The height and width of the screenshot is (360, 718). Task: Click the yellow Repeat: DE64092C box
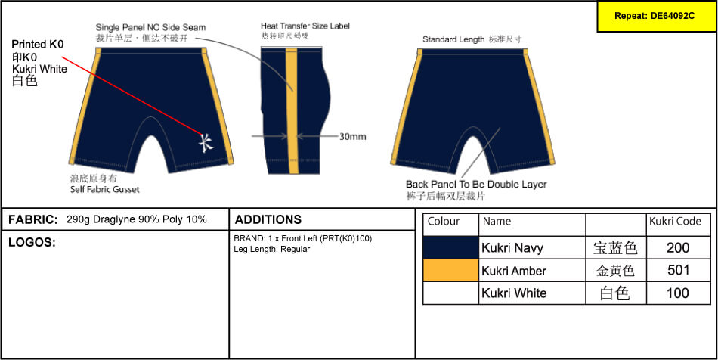click(x=657, y=16)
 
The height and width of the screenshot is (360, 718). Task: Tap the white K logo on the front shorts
click(x=206, y=142)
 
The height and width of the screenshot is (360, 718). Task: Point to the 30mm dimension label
click(x=353, y=136)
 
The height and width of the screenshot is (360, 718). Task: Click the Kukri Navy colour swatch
click(x=450, y=248)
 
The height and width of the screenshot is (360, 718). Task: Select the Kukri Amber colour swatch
click(x=450, y=270)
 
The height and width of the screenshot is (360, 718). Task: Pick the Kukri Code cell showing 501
click(x=678, y=270)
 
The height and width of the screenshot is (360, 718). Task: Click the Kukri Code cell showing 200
click(x=678, y=248)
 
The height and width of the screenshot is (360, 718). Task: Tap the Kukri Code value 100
click(x=678, y=293)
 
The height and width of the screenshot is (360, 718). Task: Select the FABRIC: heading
click(x=33, y=219)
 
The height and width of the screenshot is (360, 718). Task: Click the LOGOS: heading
click(x=32, y=243)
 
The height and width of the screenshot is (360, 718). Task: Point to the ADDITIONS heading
click(x=268, y=219)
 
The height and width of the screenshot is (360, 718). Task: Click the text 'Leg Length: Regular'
click(x=272, y=249)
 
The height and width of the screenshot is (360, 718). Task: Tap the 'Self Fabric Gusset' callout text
click(x=105, y=189)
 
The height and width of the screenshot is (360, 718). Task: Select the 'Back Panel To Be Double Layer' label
click(x=476, y=185)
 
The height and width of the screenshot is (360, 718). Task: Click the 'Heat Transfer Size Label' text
click(x=305, y=26)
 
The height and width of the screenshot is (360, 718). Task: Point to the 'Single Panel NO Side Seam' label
click(x=150, y=27)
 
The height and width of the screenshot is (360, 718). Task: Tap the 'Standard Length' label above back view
click(x=453, y=39)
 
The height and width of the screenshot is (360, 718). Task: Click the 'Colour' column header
click(x=443, y=222)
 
